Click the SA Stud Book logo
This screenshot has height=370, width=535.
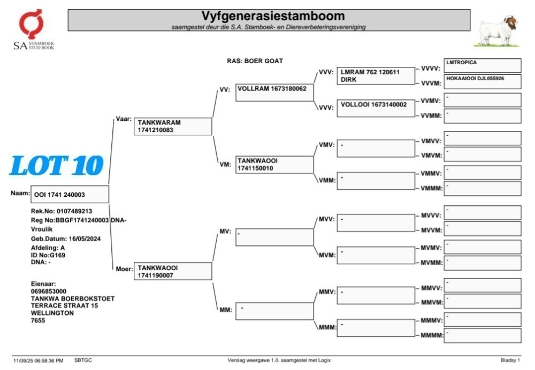pyautogui.click(x=33, y=29)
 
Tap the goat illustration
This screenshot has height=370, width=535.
pyautogui.click(x=497, y=31)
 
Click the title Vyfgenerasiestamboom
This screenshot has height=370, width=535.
pyautogui.click(x=273, y=16)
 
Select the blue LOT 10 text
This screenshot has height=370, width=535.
pyautogui.click(x=57, y=165)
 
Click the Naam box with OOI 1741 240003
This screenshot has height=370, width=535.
pyautogui.click(x=70, y=195)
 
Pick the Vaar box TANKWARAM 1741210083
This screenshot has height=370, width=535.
pyautogui.click(x=173, y=126)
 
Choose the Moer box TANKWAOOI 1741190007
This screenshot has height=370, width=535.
pyautogui.click(x=173, y=271)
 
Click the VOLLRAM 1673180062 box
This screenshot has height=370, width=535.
pyautogui.click(x=274, y=92)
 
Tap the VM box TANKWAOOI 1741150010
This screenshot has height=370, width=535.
pyautogui.click(x=274, y=165)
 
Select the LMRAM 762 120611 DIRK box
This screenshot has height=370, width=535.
pyautogui.click(x=376, y=76)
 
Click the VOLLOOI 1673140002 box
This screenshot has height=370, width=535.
pyautogui.click(x=376, y=108)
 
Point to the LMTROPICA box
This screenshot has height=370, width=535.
pyautogui.click(x=483, y=65)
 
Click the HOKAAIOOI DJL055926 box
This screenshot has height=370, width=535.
pyautogui.click(x=483, y=81)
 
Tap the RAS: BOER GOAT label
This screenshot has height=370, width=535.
pyautogui.click(x=255, y=61)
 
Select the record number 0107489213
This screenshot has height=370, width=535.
pyautogui.click(x=74, y=211)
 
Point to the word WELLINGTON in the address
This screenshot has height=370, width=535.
pyautogui.click(x=52, y=313)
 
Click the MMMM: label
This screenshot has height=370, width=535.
pyautogui.click(x=432, y=336)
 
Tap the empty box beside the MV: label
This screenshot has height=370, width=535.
pyautogui.click(x=274, y=237)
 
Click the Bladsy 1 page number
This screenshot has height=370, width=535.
pyautogui.click(x=510, y=360)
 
